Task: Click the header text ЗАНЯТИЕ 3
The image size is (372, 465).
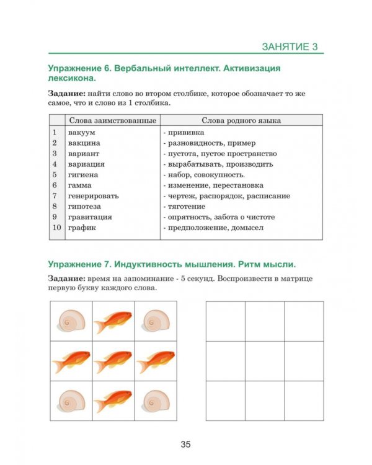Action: (x=289, y=47)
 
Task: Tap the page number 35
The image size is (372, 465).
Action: (x=186, y=444)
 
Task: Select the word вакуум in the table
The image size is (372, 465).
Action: (x=82, y=132)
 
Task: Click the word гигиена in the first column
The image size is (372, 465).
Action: (x=84, y=175)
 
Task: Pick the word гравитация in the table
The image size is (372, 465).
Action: (x=91, y=217)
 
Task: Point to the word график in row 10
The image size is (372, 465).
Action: (x=82, y=228)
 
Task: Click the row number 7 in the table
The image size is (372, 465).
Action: (x=55, y=196)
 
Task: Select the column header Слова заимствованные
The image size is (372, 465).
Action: (x=112, y=120)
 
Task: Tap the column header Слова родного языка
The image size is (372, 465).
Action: (x=241, y=120)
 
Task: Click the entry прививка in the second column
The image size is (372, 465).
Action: (x=185, y=132)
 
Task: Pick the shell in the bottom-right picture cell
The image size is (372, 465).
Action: (x=154, y=401)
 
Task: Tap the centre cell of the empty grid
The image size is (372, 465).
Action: (x=265, y=361)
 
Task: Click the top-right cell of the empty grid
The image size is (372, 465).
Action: (x=304, y=321)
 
